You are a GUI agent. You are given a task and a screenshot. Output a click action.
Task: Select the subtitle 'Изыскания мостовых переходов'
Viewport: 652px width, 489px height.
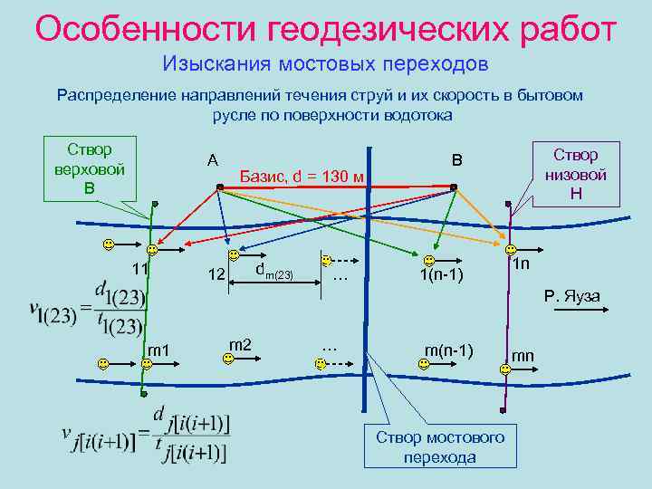(x=325, y=65)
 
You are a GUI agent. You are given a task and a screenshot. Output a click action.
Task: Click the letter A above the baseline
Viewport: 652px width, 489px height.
(x=212, y=159)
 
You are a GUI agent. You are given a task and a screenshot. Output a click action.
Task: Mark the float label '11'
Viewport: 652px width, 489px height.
(x=139, y=269)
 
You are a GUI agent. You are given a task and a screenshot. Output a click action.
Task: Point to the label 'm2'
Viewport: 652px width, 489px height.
(x=240, y=343)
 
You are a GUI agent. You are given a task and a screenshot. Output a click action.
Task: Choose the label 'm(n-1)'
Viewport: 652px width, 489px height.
(x=448, y=349)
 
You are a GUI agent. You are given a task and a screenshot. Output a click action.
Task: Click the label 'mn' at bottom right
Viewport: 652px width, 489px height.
(x=523, y=356)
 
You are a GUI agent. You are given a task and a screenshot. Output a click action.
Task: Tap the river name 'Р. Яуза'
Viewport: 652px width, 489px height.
(x=572, y=296)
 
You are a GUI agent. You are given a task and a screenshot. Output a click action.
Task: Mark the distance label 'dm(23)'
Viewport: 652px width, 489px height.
(x=273, y=271)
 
